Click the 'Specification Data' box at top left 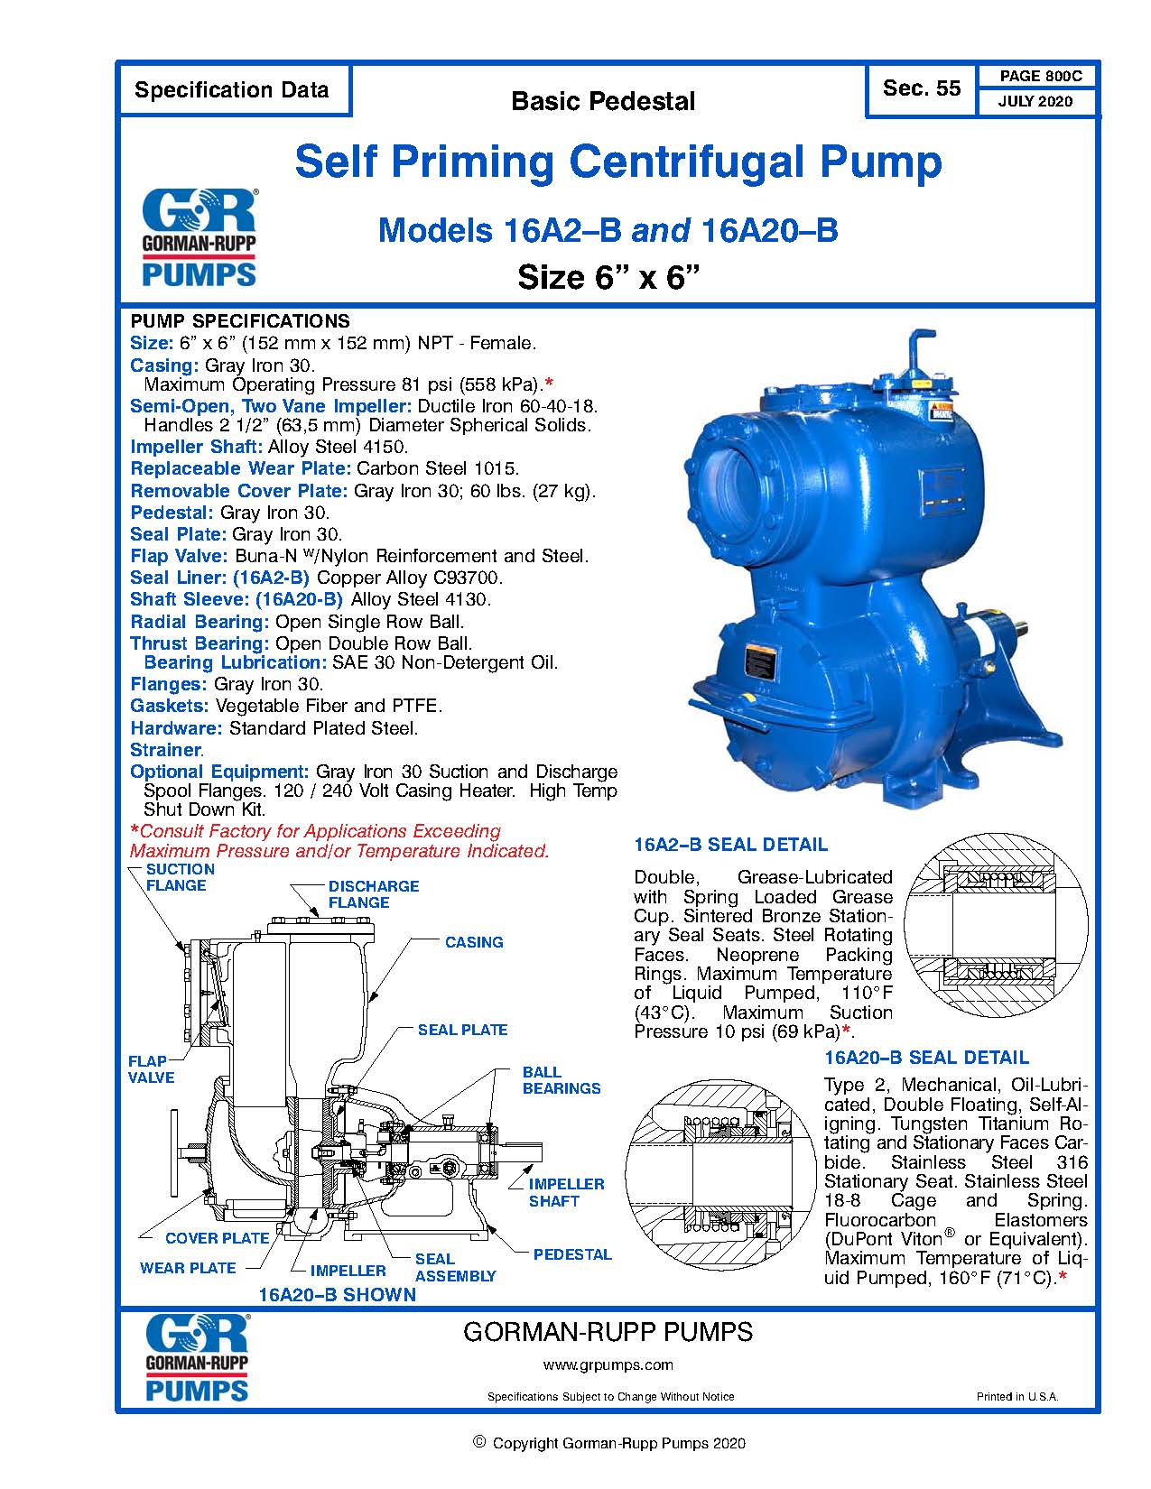232,90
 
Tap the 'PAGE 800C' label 1036,77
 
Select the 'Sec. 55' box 921,88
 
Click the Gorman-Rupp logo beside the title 200,237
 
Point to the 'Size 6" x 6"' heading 608,277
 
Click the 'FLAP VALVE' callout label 151,1069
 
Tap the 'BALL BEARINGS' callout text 561,1080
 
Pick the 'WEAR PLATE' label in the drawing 188,1268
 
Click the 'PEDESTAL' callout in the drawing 571,1254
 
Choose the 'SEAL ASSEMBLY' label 454,1267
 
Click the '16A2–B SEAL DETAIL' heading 730,845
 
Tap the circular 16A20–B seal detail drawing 719,1174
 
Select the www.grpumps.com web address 608,1364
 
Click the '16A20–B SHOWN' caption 337,1295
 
